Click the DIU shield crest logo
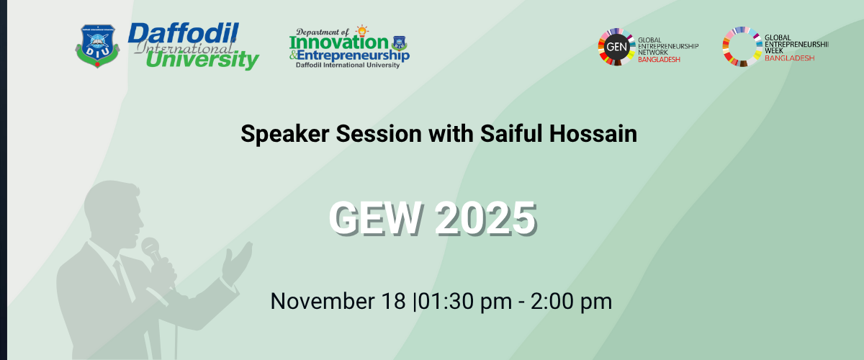click(97, 46)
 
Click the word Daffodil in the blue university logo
click(183, 33)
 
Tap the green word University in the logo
click(202, 60)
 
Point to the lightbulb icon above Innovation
click(361, 31)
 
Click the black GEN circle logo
click(616, 47)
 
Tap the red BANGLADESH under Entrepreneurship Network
click(659, 60)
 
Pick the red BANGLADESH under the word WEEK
click(790, 58)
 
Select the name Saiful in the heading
click(511, 133)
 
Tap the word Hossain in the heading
click(593, 133)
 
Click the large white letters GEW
click(374, 218)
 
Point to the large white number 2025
click(486, 218)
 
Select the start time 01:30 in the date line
click(446, 301)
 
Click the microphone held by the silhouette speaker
click(150, 248)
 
